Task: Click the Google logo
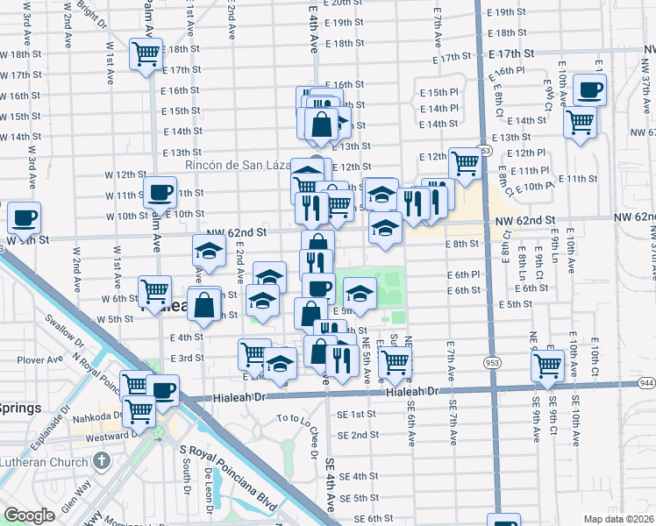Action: coord(29,515)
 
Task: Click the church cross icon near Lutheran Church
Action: coord(102,459)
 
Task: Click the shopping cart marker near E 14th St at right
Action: coord(580,121)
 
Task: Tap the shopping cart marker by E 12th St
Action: coord(464,162)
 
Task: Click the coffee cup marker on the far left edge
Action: coord(24,216)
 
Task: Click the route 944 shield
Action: coord(647,383)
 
